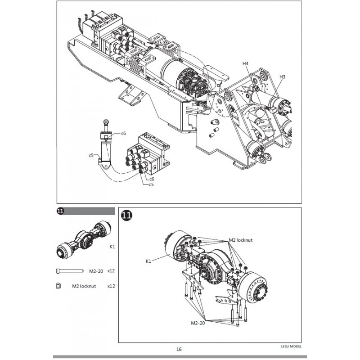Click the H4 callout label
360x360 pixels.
pos(245,63)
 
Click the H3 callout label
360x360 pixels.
pos(282,76)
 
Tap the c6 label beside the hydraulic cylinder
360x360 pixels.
pos(123,133)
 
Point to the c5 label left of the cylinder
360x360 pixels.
pos(91,155)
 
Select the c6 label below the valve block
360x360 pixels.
pos(152,179)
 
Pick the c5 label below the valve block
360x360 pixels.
pos(151,184)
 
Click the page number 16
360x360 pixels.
pos(179,349)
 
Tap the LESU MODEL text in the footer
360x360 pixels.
pos(291,346)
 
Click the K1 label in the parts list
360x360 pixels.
pos(112,247)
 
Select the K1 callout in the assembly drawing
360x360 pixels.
pos(148,261)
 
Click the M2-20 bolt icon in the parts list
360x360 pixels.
pos(70,271)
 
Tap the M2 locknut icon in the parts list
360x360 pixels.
pos(58,286)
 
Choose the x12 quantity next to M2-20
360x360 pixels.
pos(111,271)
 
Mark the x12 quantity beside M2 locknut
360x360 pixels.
pos(111,286)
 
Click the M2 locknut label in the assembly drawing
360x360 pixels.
pos(241,240)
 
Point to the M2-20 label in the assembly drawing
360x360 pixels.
pos(198,323)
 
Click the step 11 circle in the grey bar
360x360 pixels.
pos(60,211)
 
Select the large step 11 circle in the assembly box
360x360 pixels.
pos(127,215)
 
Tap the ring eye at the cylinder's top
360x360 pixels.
pos(106,121)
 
